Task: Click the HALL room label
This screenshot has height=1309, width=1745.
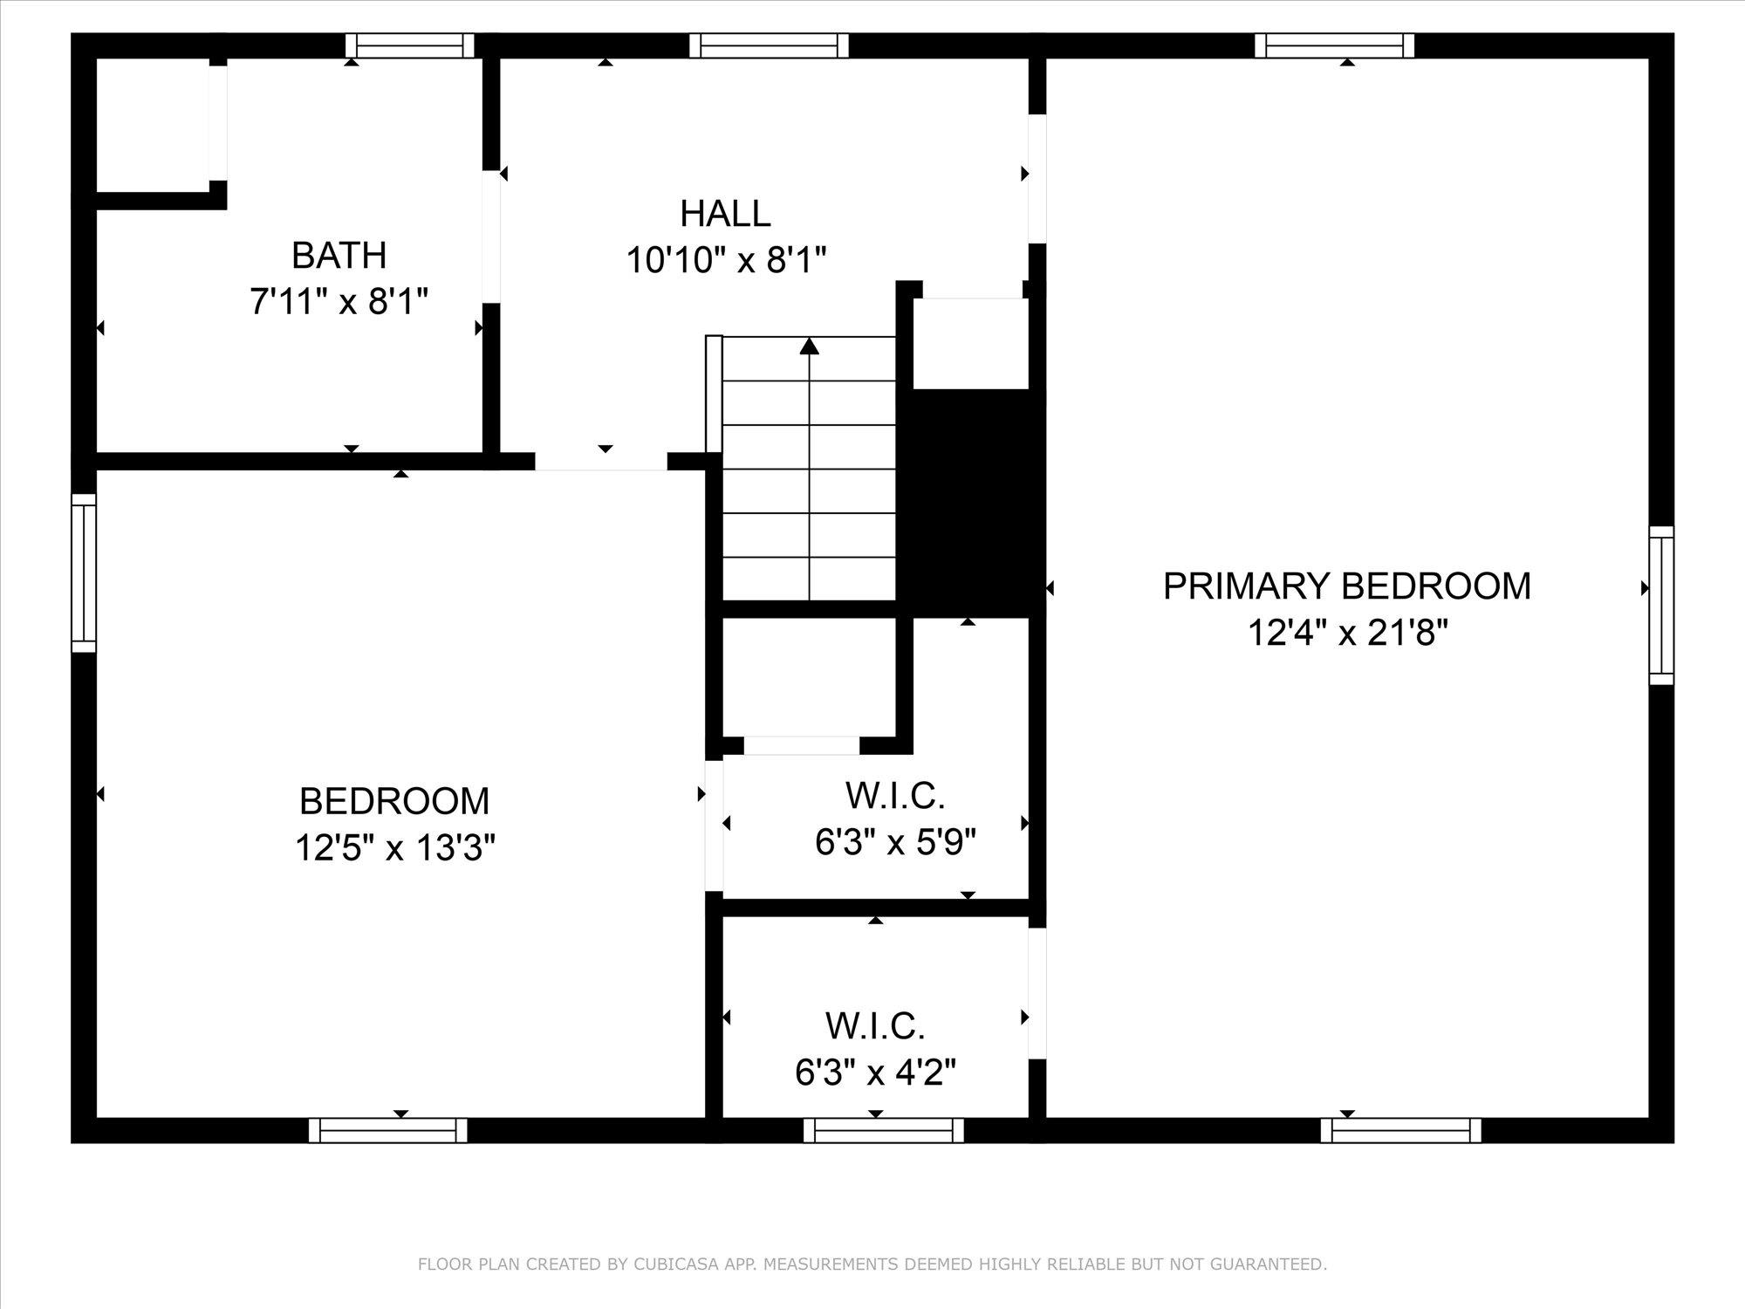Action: point(725,214)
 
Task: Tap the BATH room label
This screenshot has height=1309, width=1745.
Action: point(339,256)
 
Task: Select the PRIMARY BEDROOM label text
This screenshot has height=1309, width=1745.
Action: point(1347,586)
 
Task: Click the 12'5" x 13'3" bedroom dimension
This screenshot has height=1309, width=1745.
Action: point(395,847)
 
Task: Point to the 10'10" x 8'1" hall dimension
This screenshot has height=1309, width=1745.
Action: point(726,260)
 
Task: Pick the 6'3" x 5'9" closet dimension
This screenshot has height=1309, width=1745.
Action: point(895,842)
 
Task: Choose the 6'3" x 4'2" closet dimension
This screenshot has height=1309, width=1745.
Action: point(876,1073)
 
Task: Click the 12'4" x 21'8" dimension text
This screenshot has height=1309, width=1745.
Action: point(1348,632)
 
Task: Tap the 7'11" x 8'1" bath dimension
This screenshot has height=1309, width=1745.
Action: point(339,302)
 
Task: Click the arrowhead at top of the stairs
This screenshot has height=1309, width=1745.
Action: point(810,346)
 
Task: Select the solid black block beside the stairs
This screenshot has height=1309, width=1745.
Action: point(970,503)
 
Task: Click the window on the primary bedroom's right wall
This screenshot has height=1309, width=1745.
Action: point(1661,605)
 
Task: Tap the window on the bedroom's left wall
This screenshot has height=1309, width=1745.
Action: point(84,572)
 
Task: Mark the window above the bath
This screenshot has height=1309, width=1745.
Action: point(409,45)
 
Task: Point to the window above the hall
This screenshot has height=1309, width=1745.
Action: point(769,45)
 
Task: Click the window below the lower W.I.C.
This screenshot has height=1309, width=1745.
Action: point(883,1130)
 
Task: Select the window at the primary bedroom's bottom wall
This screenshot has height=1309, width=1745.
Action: point(1401,1130)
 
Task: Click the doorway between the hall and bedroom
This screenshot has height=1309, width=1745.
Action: point(601,461)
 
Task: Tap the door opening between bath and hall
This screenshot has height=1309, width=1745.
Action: point(491,236)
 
